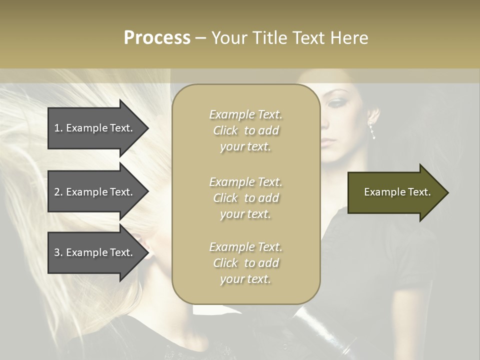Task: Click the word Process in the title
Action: coord(157,38)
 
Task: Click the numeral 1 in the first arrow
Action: coord(57,128)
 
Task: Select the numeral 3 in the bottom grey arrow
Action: coord(57,252)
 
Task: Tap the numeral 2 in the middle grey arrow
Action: coord(57,192)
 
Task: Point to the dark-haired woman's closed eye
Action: coord(334,103)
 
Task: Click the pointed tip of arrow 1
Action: coord(147,128)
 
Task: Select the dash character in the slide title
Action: coord(201,38)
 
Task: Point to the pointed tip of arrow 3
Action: coord(147,252)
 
